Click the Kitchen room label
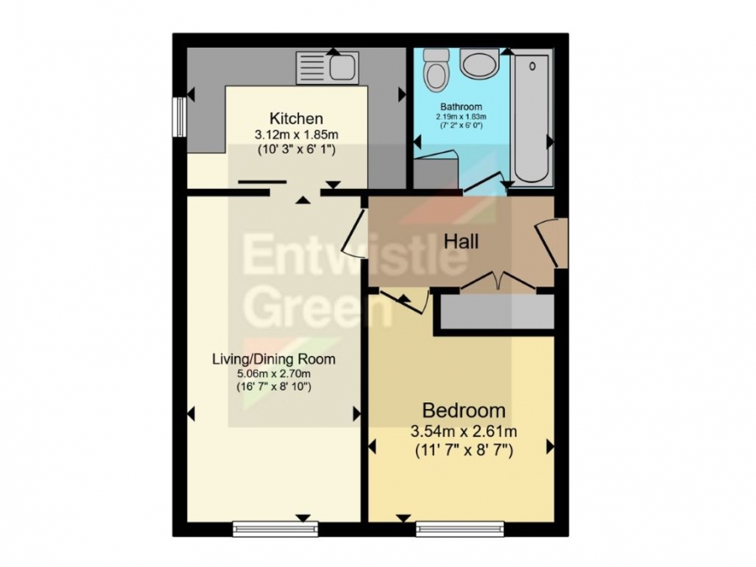pyautogui.click(x=296, y=118)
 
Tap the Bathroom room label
pyautogui.click(x=461, y=107)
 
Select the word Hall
pyautogui.click(x=461, y=241)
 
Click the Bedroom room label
pyautogui.click(x=464, y=411)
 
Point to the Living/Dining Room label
pyautogui.click(x=274, y=360)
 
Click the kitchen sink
pyautogui.click(x=328, y=67)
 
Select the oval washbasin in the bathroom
pyautogui.click(x=480, y=64)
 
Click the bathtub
pyautogui.click(x=532, y=118)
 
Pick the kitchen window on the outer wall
pyautogui.click(x=180, y=117)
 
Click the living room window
pyautogui.click(x=276, y=529)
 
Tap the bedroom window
pyautogui.click(x=460, y=529)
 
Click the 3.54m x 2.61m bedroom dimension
pyautogui.click(x=464, y=431)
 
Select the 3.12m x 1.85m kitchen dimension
pyautogui.click(x=297, y=134)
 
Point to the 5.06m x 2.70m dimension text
pyautogui.click(x=273, y=373)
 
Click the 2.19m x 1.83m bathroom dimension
pyautogui.click(x=461, y=117)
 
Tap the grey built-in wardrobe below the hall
pyautogui.click(x=497, y=312)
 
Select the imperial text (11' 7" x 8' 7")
pyautogui.click(x=464, y=451)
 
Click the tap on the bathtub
pyautogui.click(x=533, y=66)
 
